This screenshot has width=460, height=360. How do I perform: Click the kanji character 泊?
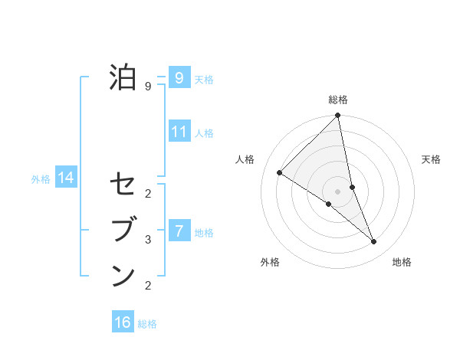click(x=123, y=77)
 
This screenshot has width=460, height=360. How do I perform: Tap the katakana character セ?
click(x=123, y=185)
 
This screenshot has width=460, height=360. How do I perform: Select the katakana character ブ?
click(x=123, y=230)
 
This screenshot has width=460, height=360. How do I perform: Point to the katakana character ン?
click(x=123, y=275)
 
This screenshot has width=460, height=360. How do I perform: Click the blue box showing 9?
click(x=179, y=77)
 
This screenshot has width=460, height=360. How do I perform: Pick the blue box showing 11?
click(x=179, y=131)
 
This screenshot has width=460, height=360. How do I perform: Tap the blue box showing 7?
click(x=179, y=230)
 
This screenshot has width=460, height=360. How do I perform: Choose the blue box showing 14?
click(x=66, y=178)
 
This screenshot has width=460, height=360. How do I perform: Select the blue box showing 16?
click(x=123, y=322)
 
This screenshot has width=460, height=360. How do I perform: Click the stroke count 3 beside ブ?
click(x=149, y=240)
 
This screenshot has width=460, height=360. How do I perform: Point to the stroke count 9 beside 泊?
click(x=149, y=87)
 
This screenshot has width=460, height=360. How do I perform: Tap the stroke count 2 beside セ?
click(x=149, y=193)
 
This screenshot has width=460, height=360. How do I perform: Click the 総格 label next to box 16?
click(x=147, y=324)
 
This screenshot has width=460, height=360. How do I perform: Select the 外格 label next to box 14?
click(x=41, y=179)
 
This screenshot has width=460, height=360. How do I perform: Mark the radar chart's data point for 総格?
click(x=338, y=116)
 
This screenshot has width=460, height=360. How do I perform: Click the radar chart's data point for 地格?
click(x=374, y=242)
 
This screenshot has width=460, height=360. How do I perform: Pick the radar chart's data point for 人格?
click(x=280, y=173)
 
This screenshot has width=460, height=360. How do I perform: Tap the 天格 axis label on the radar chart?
click(x=431, y=159)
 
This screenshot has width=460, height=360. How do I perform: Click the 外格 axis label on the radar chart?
click(x=269, y=262)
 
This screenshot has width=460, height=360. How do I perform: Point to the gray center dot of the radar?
click(x=337, y=191)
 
